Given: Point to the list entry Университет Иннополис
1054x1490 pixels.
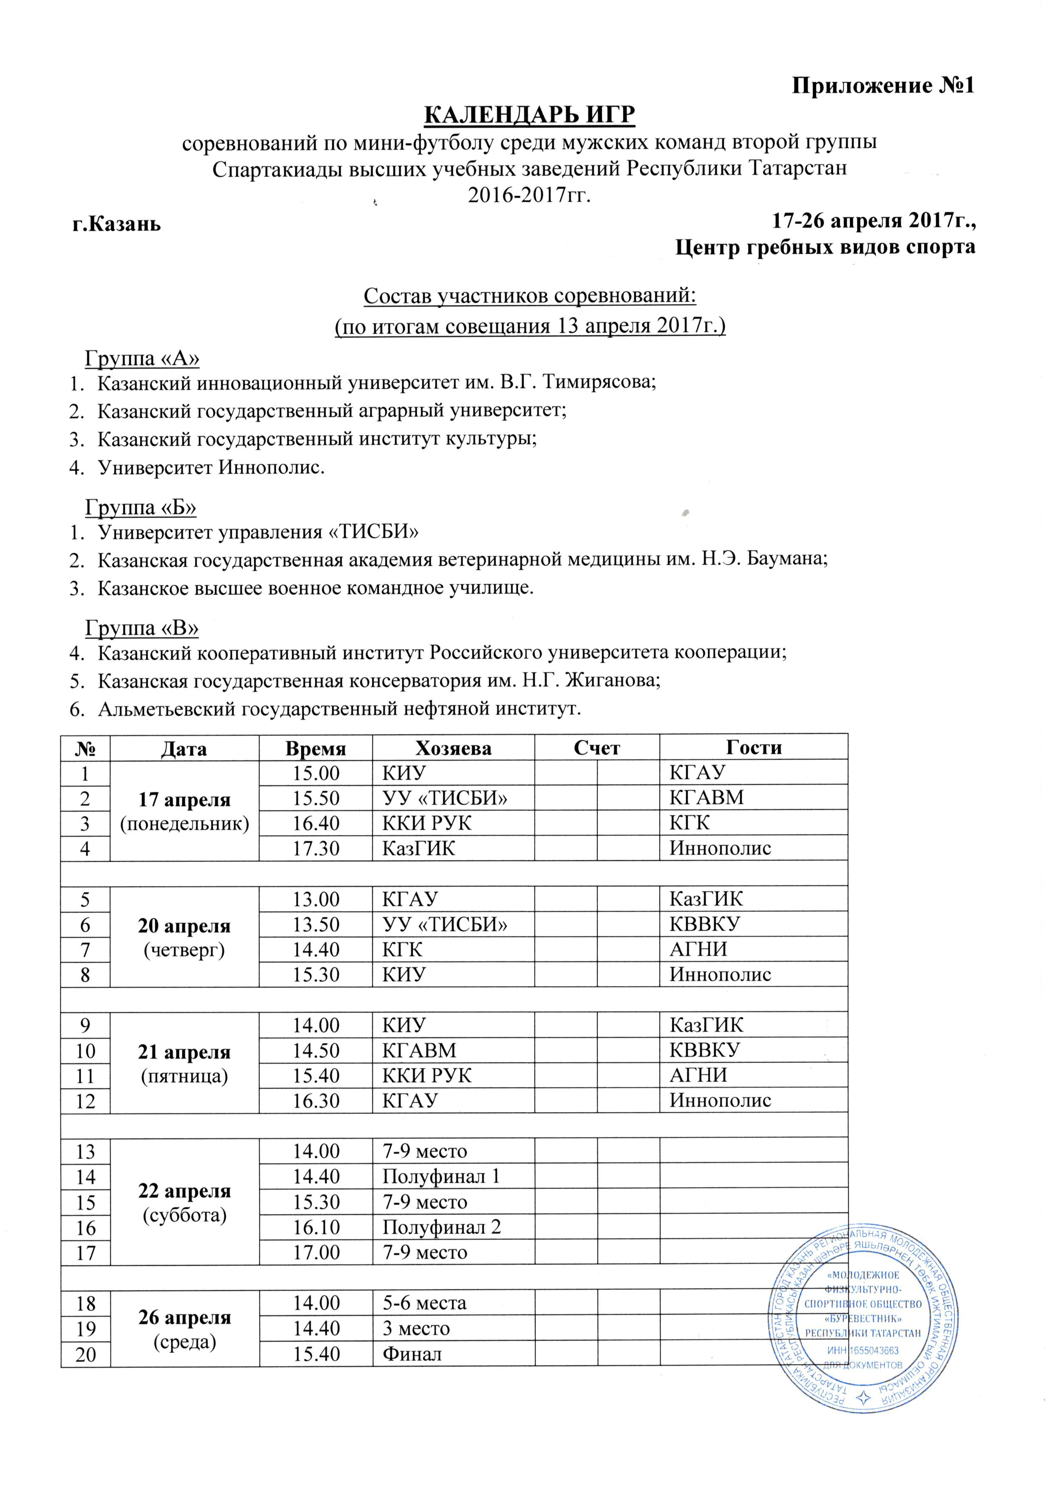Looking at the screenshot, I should coord(211,467).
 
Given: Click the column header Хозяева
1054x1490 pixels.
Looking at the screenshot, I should coord(453,748).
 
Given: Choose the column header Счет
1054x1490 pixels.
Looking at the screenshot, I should coord(596,748).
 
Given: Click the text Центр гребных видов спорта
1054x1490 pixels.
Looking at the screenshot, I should coord(825,248).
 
